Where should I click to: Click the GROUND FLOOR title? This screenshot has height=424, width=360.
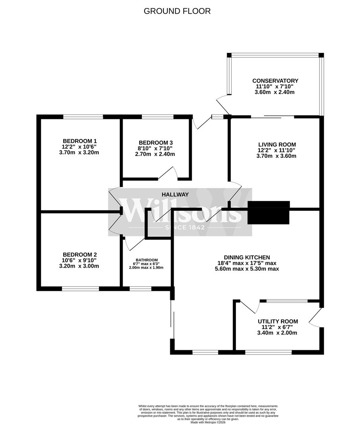(x=177, y=11)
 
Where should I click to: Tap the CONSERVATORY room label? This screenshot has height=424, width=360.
(x=275, y=81)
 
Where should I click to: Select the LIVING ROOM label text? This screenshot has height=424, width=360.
(x=277, y=144)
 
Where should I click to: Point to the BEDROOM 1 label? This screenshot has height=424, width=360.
(x=80, y=141)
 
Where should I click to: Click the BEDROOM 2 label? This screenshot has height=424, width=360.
(x=80, y=254)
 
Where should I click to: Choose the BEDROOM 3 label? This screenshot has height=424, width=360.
(x=156, y=143)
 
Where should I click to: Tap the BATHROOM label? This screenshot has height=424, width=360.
(x=147, y=260)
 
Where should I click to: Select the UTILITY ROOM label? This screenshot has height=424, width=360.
(x=278, y=321)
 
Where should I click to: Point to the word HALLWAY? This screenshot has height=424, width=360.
(x=175, y=194)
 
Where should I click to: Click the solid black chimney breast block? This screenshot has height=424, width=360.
(x=269, y=212)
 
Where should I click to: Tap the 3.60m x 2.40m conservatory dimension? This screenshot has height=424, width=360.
(x=275, y=92)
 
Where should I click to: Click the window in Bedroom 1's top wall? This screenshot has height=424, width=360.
(x=83, y=117)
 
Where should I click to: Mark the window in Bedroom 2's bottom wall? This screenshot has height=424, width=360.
(x=80, y=289)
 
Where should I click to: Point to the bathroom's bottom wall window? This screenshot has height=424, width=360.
(x=140, y=289)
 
